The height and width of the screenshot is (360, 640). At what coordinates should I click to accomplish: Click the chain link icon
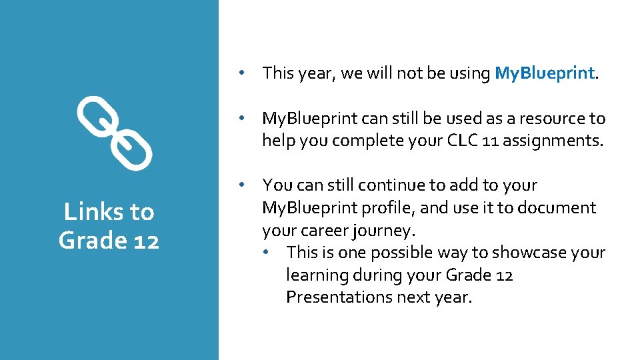tap(114, 133)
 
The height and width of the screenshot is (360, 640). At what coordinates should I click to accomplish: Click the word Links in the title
tap(93, 212)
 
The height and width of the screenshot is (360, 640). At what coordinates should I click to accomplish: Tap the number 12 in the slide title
tap(145, 240)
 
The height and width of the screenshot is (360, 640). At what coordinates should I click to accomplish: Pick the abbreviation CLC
tap(437, 141)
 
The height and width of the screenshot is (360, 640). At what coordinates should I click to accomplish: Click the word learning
tap(314, 275)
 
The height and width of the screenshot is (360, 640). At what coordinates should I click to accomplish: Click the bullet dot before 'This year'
tap(245, 73)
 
